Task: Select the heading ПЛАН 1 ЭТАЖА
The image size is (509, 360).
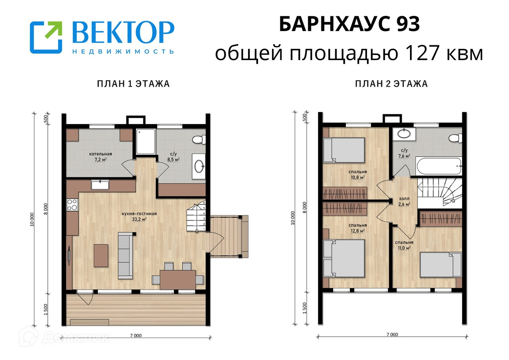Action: [133, 84]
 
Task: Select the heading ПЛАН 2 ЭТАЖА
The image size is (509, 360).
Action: [391, 84]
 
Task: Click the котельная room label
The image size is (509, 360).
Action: [101, 154]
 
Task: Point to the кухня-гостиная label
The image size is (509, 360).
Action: [139, 214]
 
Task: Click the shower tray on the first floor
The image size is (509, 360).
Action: [146, 141]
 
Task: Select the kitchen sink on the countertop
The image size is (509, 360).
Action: [100, 184]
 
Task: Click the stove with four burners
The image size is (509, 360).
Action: [72, 204]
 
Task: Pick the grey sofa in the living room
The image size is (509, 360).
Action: [125, 255]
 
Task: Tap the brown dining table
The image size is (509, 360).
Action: [178, 280]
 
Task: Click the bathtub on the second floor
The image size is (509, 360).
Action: [439, 166]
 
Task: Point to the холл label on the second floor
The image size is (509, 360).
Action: [404, 198]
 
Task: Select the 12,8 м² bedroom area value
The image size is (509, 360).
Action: [357, 231]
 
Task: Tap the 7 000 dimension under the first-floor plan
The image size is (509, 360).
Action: [136, 335]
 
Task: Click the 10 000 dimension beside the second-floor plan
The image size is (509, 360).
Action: [293, 218]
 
